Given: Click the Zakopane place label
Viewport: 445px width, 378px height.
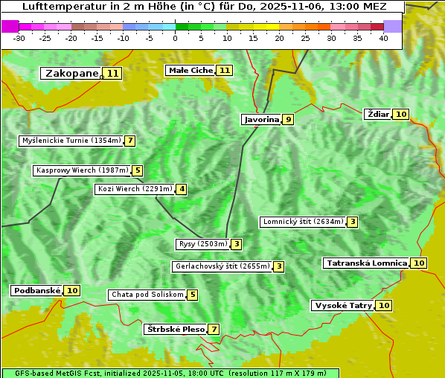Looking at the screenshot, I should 71,73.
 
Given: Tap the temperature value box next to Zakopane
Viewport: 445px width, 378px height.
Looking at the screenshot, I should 112,73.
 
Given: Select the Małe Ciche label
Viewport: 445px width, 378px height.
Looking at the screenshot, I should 191,70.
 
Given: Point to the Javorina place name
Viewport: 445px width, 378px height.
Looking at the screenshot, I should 261,119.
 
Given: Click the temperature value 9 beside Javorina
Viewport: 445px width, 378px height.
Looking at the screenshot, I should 288,119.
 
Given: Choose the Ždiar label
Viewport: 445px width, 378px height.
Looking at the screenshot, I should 378,114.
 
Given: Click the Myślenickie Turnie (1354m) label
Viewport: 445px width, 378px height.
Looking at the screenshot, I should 71,141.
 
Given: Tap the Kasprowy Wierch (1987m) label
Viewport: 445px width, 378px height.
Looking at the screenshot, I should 82,170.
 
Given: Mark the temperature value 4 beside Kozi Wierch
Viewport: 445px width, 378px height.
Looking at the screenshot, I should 181,189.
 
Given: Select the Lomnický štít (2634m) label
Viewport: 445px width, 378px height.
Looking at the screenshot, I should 303,222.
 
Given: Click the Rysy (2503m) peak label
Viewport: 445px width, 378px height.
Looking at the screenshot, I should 202,244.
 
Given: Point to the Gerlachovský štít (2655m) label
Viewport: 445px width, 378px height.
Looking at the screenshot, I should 222,266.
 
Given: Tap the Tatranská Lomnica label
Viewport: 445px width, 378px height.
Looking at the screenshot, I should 367,263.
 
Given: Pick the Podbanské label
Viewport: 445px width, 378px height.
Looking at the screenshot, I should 36,290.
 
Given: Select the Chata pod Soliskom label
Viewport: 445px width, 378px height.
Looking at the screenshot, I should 146,295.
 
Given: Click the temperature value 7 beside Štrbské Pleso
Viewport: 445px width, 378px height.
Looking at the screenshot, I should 214,329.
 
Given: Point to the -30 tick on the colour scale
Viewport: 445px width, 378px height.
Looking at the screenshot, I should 19,38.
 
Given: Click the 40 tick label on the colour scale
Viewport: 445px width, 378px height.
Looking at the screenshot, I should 383,38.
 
